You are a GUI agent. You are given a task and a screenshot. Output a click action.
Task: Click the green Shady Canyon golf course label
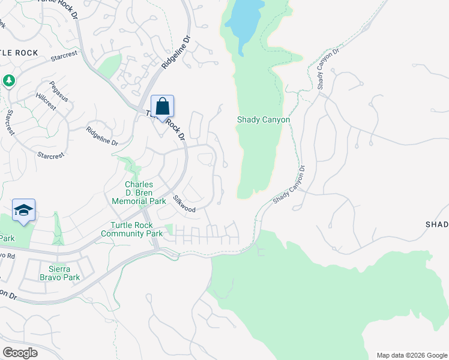point(264,120)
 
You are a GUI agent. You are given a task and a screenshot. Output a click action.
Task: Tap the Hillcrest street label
point(46,101)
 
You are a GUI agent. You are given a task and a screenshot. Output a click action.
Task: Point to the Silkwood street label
point(184,204)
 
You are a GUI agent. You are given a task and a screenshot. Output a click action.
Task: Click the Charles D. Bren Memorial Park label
point(139,193)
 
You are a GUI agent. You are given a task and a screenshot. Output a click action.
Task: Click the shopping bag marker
point(162,107)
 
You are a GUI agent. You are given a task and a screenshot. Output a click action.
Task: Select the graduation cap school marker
point(23,210)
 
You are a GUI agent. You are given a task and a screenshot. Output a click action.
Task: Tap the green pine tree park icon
point(8,80)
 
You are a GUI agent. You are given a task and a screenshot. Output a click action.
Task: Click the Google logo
point(20,353)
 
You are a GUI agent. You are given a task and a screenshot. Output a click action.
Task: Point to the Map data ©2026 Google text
point(411,355)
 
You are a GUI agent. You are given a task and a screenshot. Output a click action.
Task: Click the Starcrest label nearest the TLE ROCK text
point(65,58)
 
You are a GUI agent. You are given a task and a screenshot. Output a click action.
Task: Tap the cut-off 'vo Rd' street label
point(7,255)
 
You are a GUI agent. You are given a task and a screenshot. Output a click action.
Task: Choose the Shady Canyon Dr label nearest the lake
point(328,68)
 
